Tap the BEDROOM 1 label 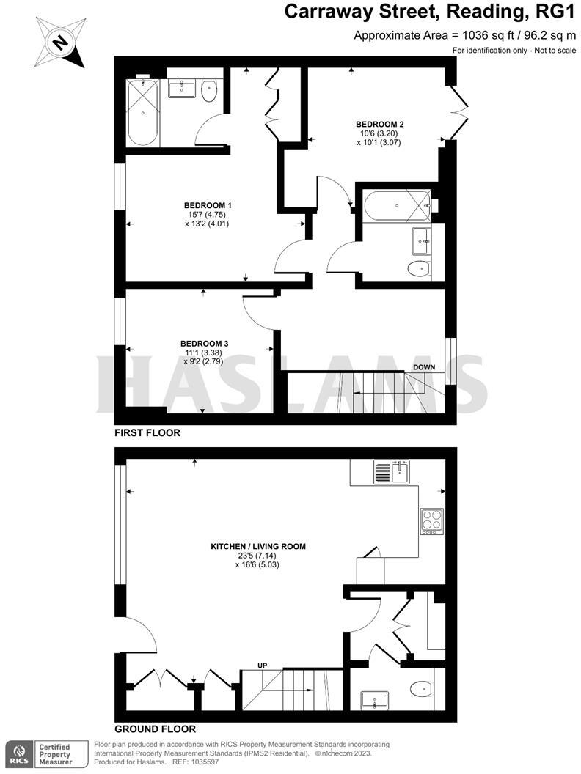208,204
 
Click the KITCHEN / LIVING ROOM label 257,546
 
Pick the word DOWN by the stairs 425,366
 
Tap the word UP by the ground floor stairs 262,665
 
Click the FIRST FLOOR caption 147,433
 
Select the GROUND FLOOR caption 155,729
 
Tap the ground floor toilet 422,688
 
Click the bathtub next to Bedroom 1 143,114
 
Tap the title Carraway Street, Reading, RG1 429,12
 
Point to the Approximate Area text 465,34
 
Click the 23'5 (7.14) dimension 257,556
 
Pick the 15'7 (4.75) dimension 208,214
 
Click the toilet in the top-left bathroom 210,91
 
